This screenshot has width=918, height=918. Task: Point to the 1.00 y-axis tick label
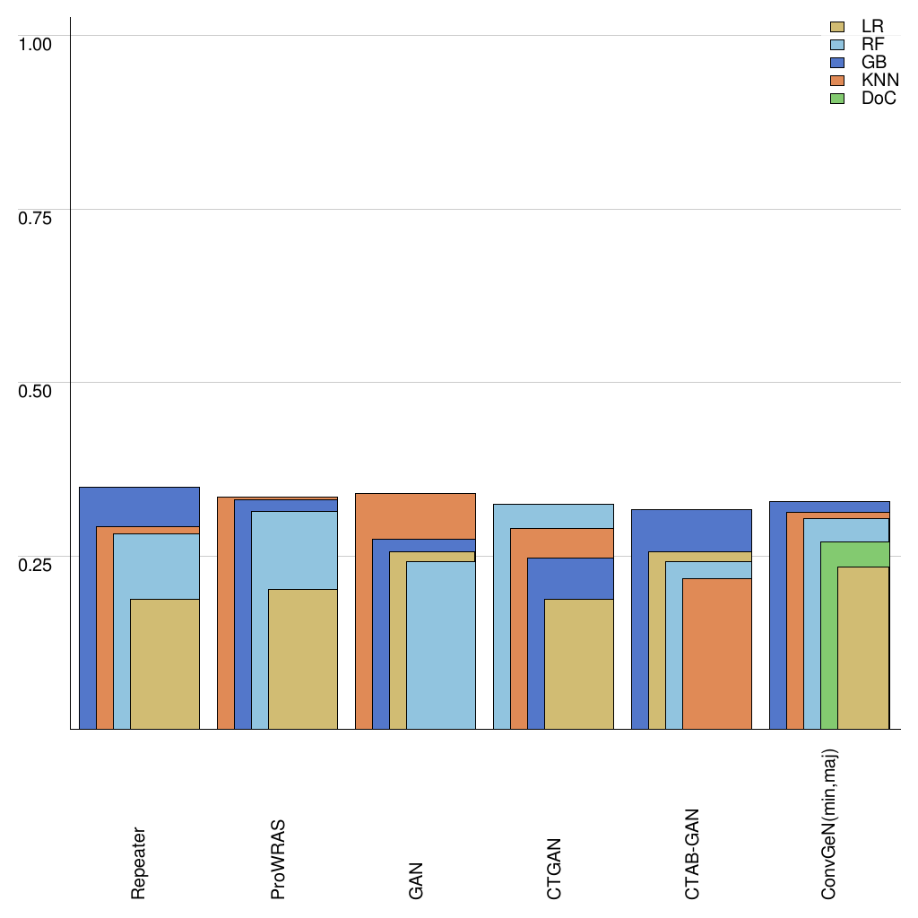click(x=36, y=43)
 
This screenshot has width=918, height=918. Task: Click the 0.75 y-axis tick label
click(x=36, y=217)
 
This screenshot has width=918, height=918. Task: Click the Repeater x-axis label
click(x=138, y=862)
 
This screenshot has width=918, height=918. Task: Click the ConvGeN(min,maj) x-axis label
click(x=830, y=825)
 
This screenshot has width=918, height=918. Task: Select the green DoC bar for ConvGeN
click(x=828, y=637)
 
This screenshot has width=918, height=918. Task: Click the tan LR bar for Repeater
click(x=164, y=663)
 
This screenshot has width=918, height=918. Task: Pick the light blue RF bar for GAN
click(x=440, y=645)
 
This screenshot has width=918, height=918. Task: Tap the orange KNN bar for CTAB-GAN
click(x=716, y=654)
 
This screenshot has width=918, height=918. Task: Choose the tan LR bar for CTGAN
click(x=578, y=663)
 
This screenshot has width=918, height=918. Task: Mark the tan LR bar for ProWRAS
click(x=302, y=659)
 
